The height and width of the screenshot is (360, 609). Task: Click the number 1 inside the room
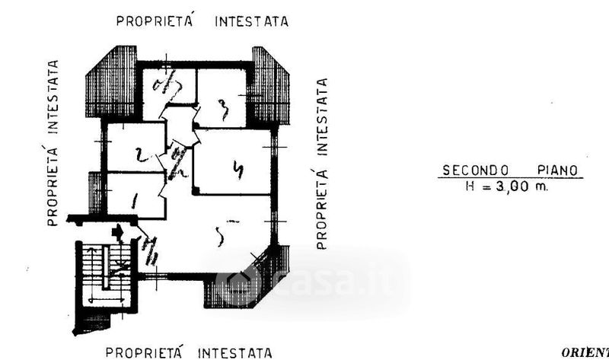click(x=136, y=202)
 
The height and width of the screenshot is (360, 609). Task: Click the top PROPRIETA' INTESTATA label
click(x=202, y=21)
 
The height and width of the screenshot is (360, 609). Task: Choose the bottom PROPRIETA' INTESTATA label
click(x=188, y=352)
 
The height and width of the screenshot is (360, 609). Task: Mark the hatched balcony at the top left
click(x=110, y=81)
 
